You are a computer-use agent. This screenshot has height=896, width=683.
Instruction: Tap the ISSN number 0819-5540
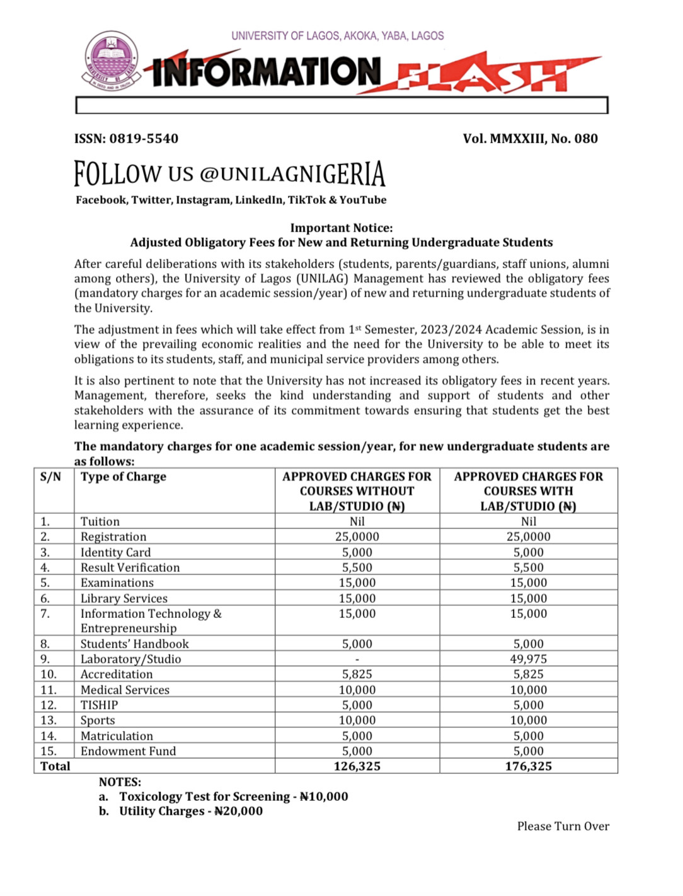(144, 139)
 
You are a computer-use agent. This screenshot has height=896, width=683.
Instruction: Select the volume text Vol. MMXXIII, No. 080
(530, 139)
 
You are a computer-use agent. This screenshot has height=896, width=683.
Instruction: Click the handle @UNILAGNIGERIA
(292, 174)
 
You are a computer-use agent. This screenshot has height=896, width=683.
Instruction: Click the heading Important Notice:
(341, 228)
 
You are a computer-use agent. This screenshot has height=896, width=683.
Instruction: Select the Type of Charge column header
(123, 477)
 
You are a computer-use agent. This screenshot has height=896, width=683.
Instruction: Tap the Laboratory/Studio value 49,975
(528, 659)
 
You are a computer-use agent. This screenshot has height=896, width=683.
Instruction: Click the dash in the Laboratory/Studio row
(357, 660)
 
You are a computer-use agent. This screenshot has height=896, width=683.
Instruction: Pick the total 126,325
(357, 766)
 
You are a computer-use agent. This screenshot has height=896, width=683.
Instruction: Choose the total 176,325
(528, 766)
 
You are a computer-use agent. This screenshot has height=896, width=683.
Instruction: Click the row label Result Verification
(130, 567)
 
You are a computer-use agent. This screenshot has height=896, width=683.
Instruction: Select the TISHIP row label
(99, 705)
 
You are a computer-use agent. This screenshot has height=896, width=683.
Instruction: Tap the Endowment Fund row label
(128, 751)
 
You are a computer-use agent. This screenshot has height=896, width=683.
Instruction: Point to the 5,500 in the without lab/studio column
(357, 567)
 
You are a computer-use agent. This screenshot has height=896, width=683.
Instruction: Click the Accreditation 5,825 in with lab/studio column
(528, 674)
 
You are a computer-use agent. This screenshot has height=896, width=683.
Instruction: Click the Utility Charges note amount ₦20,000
(238, 812)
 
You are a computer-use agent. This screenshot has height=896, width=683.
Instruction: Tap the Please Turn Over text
(563, 826)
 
